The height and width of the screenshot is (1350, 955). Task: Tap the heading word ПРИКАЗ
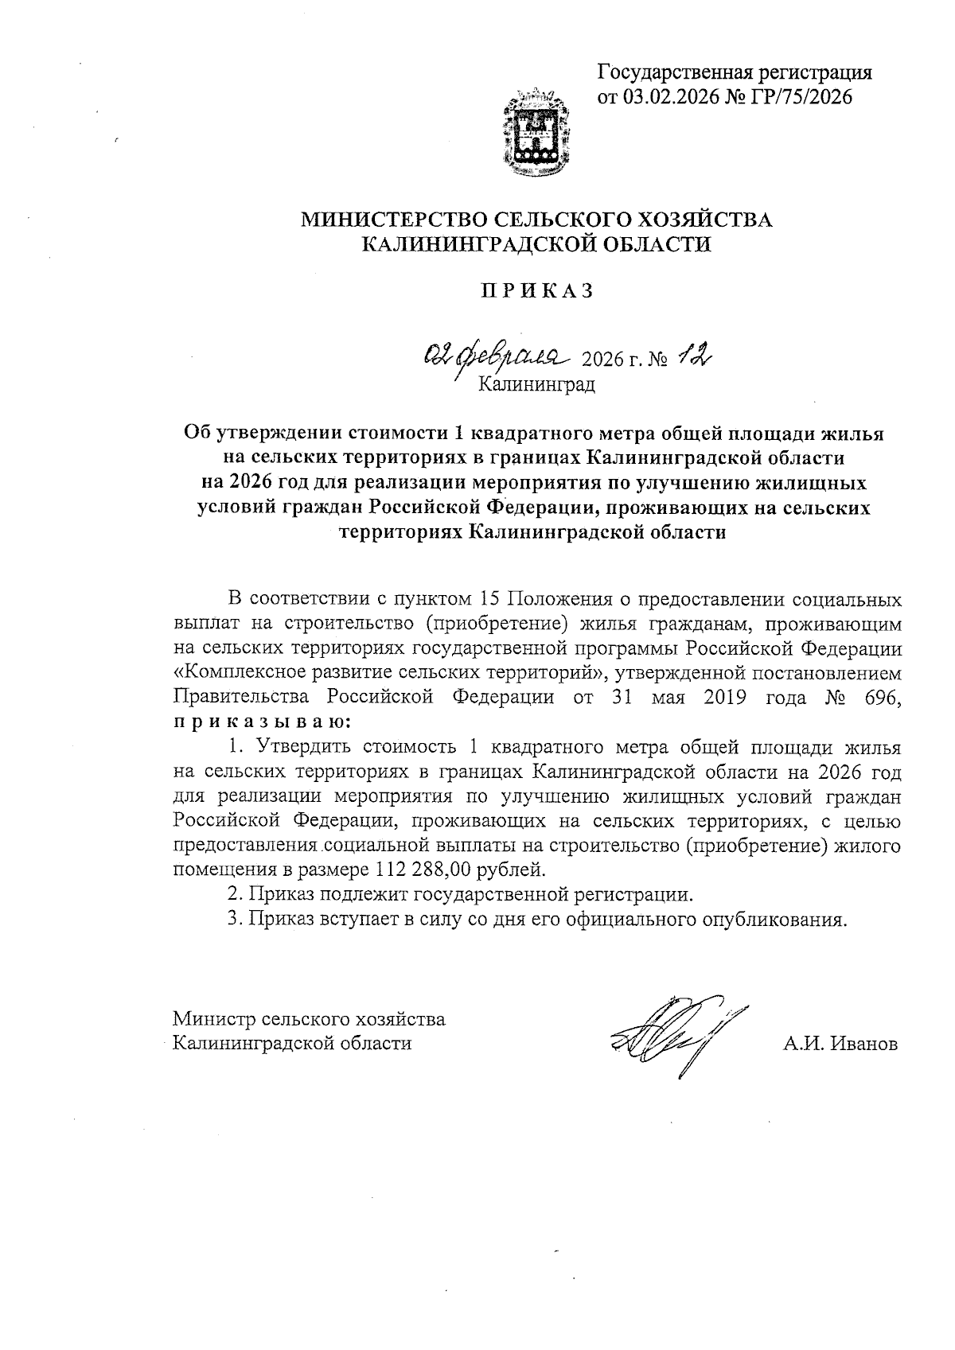[x=536, y=291]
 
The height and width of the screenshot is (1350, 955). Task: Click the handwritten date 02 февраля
[x=494, y=354]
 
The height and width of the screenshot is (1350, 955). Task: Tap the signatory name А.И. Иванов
[x=840, y=1044]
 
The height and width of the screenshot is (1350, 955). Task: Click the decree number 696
[x=882, y=698]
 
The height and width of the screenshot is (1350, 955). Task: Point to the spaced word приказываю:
[x=261, y=722]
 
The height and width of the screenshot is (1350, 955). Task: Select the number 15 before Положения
[x=493, y=599]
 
